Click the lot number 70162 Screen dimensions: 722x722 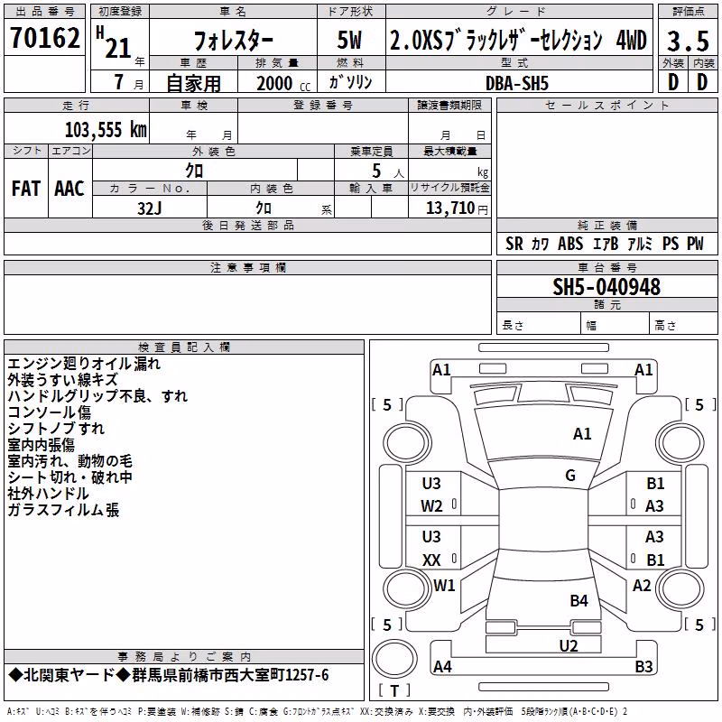44,37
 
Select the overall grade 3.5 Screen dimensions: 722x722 688,41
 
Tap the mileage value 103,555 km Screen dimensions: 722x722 106,130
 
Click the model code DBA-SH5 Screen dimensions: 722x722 517,83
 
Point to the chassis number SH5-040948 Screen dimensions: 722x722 606,287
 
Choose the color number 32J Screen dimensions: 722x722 149,208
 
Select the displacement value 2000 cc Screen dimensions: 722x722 283,83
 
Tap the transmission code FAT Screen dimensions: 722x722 26,189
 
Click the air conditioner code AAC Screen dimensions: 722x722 69,189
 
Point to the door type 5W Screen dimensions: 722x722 349,40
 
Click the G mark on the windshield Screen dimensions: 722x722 570,476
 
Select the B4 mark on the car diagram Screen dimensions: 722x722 579,600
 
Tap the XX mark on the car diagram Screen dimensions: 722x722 431,560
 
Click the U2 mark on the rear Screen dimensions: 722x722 569,646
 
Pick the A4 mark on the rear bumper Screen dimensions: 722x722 442,666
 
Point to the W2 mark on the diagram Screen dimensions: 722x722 431,506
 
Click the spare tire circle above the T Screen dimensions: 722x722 394,659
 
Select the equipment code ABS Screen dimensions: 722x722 570,244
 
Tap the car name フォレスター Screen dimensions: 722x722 234,41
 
